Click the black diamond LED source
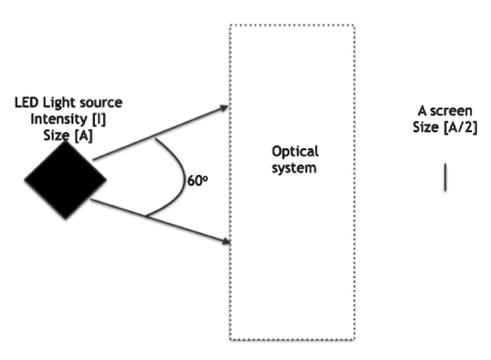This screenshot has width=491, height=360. [x=65, y=180]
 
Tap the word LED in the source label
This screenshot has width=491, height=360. [x=26, y=103]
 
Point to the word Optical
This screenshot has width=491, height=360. [x=295, y=152]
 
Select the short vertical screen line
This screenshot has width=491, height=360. [x=445, y=177]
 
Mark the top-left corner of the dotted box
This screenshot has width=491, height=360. [x=230, y=25]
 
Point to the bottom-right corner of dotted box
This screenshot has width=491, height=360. [x=354, y=339]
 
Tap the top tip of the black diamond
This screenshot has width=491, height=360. [x=65, y=142]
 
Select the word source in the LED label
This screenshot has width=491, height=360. [x=103, y=103]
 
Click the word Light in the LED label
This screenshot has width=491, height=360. [x=60, y=103]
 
